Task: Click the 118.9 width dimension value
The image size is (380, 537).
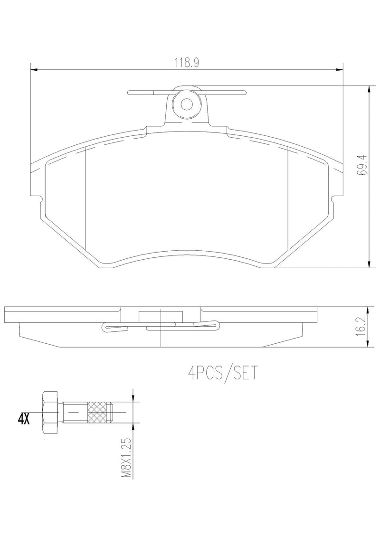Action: pos(186,62)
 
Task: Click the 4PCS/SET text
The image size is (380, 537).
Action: pos(223,373)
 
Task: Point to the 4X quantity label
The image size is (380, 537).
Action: pos(24,419)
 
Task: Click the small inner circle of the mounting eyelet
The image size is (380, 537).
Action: pos(187,104)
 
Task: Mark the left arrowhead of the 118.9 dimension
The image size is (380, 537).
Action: pos(34,70)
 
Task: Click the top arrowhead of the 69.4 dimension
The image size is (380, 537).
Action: pos(369,90)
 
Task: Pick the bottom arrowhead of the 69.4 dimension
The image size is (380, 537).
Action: pos(369,264)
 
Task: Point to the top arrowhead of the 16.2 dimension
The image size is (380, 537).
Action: pos(369,310)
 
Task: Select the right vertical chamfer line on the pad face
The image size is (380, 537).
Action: pos(289,199)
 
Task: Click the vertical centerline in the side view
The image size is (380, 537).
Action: pos(161,332)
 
